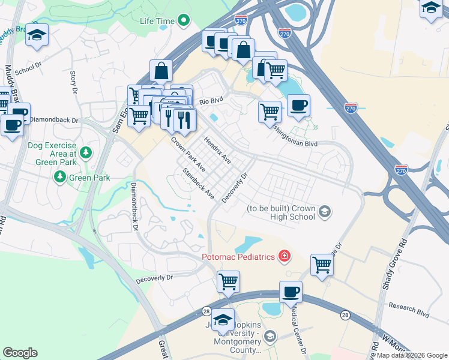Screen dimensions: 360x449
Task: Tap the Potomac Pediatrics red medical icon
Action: pos(284,257)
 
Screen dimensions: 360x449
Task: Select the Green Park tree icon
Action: pos(59,177)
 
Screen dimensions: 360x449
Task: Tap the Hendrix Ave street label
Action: pos(217,151)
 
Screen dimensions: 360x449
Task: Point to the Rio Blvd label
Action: pos(211,101)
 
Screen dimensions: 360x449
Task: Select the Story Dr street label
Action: pos(74,82)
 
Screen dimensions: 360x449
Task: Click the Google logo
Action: pos(20,353)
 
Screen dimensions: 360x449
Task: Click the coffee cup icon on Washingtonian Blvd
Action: pos(298,106)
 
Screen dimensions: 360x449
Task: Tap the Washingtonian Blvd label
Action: pos(294,144)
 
